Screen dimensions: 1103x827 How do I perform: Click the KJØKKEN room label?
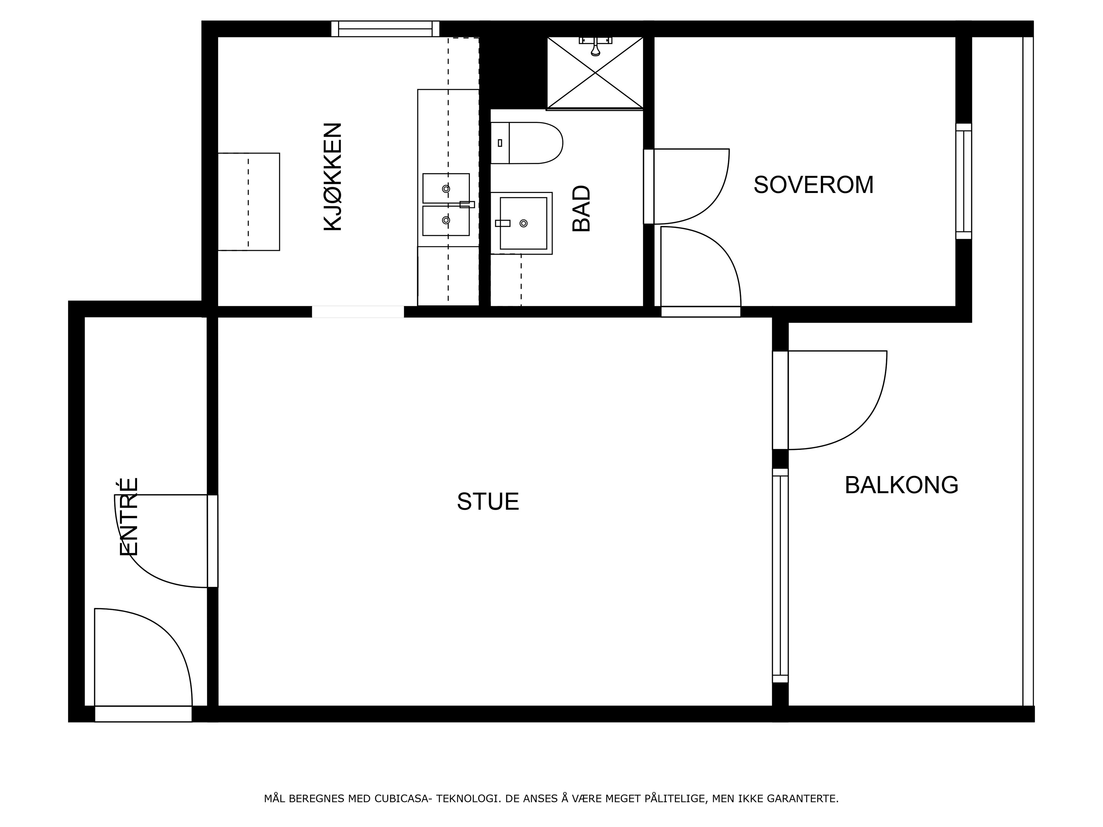(x=333, y=177)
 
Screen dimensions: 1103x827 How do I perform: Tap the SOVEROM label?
(x=813, y=185)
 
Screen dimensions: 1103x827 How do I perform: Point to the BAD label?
(x=581, y=208)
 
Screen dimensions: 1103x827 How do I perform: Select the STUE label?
(x=488, y=501)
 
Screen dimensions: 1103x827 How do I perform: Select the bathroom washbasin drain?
(x=523, y=223)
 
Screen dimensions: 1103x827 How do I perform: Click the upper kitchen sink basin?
(x=446, y=188)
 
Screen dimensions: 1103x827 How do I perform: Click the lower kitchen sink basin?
(x=446, y=220)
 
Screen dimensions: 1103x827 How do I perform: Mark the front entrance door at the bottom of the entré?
(x=143, y=714)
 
